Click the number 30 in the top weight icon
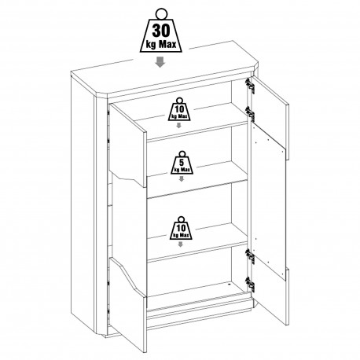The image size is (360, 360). point(161,31)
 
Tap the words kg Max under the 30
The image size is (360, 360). point(161,45)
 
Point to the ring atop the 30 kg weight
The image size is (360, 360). point(161,13)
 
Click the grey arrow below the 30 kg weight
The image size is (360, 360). point(160,62)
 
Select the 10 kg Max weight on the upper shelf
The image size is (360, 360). point(179,109)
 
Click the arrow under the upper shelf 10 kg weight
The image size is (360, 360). point(178,125)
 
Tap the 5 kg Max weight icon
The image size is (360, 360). point(182,163)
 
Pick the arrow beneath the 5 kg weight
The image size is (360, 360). point(181,178)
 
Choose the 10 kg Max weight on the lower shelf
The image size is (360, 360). point(181,228)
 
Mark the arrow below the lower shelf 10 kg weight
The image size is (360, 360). point(180,244)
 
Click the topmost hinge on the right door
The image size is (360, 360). point(250,86)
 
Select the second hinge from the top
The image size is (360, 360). point(250,113)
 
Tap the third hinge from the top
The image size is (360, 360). point(250,256)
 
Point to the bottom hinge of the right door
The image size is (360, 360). point(250,284)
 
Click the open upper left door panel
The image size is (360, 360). point(127,145)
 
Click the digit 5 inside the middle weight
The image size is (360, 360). point(182,162)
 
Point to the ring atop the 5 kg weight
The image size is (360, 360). point(182,153)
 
